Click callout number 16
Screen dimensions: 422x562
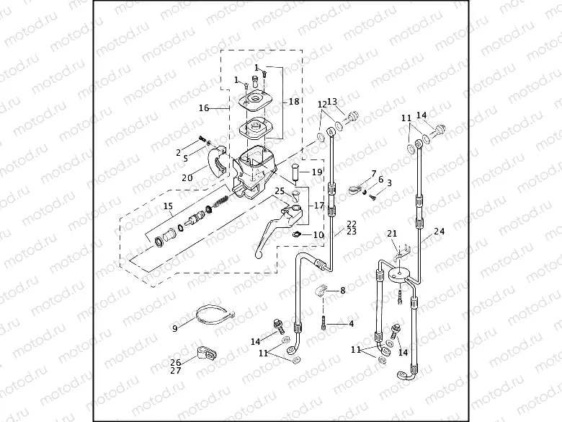tap(204, 108)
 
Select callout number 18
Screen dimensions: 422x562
tap(294, 102)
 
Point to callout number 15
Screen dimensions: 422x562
tap(168, 206)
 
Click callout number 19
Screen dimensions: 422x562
tap(317, 172)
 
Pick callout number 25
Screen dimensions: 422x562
tap(280, 190)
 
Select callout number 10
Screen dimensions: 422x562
tap(318, 234)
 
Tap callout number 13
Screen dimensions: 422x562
tap(332, 102)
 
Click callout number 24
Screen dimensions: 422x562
tap(440, 232)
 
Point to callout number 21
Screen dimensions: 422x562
tap(392, 233)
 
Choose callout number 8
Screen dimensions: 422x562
tap(342, 290)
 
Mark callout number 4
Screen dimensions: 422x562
tap(351, 324)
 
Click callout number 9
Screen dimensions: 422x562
tap(174, 328)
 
